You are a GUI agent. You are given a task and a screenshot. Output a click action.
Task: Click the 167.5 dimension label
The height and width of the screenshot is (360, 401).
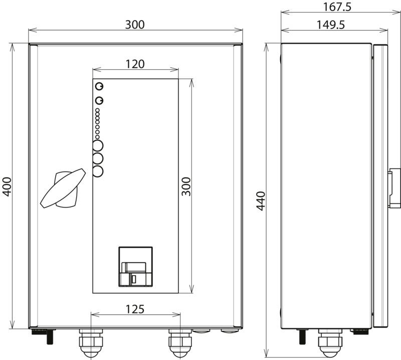337,7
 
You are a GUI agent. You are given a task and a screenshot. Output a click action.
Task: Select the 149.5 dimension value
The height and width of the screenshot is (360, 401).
331,25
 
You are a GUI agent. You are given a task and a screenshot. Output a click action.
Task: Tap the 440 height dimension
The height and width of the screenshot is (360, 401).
261,201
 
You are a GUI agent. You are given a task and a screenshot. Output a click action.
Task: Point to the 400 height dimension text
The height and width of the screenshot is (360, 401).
7,187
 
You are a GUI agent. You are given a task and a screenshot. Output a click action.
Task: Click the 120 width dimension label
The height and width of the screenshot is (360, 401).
135,64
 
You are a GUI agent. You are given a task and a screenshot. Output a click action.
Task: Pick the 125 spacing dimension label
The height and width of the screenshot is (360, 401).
135,309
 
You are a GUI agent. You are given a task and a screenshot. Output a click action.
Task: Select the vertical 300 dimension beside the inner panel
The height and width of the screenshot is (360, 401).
186,187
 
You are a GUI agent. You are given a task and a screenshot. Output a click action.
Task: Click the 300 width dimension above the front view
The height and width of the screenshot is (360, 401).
135,25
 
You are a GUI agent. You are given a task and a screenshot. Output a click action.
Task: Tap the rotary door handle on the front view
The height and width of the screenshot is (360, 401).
63,188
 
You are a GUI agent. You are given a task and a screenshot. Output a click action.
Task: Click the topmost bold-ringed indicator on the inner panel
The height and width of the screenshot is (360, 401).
99,86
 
